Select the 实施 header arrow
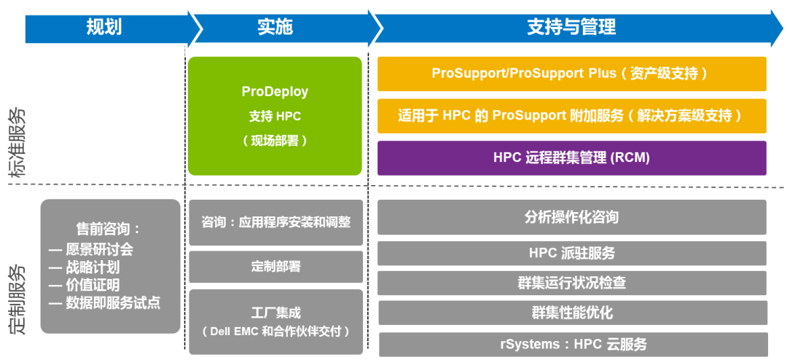[x=286, y=28]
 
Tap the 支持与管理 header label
[x=571, y=27]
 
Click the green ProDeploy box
[x=275, y=116]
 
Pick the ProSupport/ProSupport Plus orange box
[x=572, y=74]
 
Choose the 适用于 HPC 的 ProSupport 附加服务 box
[x=572, y=116]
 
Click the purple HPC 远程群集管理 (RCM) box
[x=572, y=158]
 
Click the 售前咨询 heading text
[x=107, y=229]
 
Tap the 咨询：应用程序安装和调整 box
[x=275, y=222]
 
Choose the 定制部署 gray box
[x=275, y=267]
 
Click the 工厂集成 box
[x=275, y=322]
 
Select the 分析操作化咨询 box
[x=572, y=217]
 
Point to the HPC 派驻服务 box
[x=572, y=253]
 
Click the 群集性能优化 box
[x=573, y=313]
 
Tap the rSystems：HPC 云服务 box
[x=573, y=345]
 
